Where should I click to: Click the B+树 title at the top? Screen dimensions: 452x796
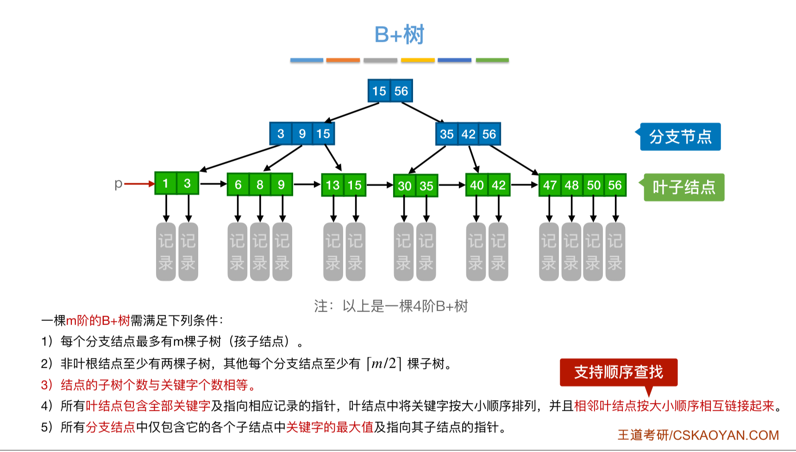pyautogui.click(x=399, y=35)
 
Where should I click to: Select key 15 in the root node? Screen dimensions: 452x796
pyautogui.click(x=379, y=91)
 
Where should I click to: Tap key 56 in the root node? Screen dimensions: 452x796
pyautogui.click(x=401, y=91)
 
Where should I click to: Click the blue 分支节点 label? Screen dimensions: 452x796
pyautogui.click(x=680, y=137)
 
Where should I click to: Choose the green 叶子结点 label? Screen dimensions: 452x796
pyautogui.click(x=683, y=187)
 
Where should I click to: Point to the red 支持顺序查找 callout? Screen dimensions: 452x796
pyautogui.click(x=618, y=372)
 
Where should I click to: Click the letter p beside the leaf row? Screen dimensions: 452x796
pyautogui.click(x=118, y=184)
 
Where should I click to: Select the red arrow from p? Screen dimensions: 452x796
pyautogui.click(x=139, y=184)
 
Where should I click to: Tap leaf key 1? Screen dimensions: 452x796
pyautogui.click(x=165, y=184)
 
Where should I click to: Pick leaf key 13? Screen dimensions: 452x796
pyautogui.click(x=332, y=185)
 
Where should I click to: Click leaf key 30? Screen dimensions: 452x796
pyautogui.click(x=404, y=186)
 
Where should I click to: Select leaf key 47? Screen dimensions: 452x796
pyautogui.click(x=550, y=185)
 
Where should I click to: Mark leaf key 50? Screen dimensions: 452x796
pyautogui.click(x=594, y=185)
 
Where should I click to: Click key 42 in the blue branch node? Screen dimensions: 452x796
pyautogui.click(x=468, y=134)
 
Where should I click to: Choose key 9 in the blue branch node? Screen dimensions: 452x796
pyautogui.click(x=302, y=134)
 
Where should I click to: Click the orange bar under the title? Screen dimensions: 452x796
pyautogui.click(x=343, y=60)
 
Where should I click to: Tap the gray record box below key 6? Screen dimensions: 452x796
pyautogui.click(x=237, y=252)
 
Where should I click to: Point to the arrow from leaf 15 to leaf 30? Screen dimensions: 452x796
pyautogui.click(x=380, y=185)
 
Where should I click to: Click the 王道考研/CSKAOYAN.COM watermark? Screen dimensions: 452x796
pyautogui.click(x=698, y=435)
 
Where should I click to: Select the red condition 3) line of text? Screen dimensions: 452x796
pyautogui.click(x=148, y=385)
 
